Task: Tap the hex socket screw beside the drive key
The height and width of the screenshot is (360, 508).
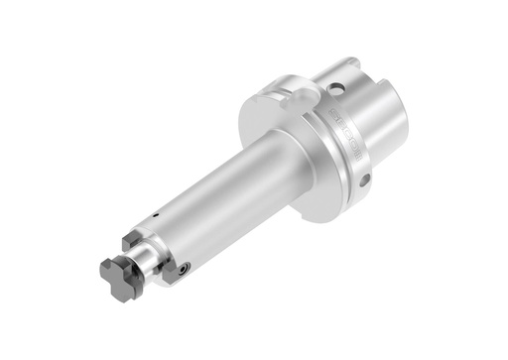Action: [185, 268]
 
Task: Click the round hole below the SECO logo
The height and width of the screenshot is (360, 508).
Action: [365, 180]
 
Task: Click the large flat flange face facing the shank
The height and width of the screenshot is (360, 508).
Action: [283, 149]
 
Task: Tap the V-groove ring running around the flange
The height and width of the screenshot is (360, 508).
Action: [319, 149]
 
